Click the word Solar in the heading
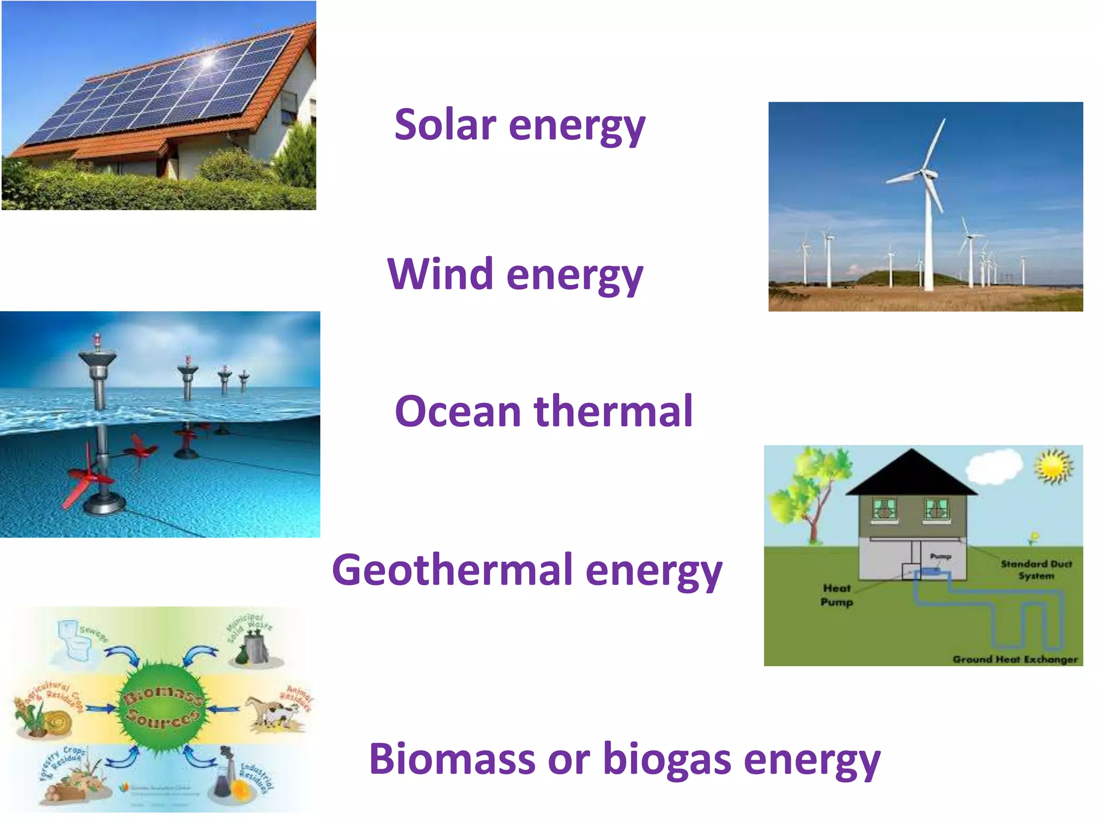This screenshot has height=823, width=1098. tap(444, 125)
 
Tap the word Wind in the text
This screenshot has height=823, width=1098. tap(440, 274)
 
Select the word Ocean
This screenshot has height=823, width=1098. tap(457, 411)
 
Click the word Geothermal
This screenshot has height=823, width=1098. tap(451, 570)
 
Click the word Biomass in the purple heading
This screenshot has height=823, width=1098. tap(452, 759)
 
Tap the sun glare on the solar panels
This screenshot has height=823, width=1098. tap(208, 61)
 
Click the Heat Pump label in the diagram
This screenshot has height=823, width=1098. tap(836, 595)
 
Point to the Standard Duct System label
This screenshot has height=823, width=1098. tap(1035, 570)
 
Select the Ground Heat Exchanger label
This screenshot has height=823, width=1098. tap(1014, 659)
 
